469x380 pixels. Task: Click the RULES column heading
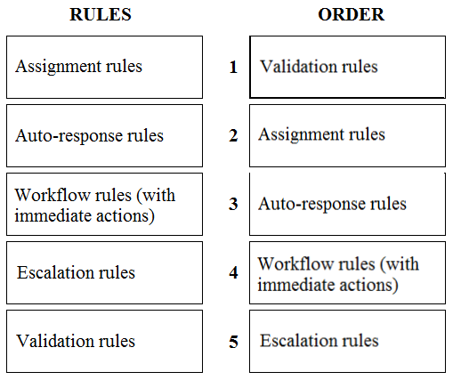[x=101, y=14]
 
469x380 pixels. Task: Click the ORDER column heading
[x=352, y=14]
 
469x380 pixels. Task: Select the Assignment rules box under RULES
[x=104, y=67]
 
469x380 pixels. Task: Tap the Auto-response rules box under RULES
[x=104, y=135]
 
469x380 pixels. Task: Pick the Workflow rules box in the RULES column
[x=104, y=204]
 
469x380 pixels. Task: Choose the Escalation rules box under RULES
[x=104, y=272]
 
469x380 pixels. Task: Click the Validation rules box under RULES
[x=104, y=341]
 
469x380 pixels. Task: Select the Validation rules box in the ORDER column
[x=348, y=67]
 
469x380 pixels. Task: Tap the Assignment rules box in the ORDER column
[x=348, y=135]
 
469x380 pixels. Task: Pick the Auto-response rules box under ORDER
[x=348, y=204]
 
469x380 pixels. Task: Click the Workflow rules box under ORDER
[x=348, y=272]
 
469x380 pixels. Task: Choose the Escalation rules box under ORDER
[x=348, y=341]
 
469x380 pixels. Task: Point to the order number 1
[x=233, y=67]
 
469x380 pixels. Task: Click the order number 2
[x=233, y=135]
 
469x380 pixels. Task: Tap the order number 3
[x=233, y=204]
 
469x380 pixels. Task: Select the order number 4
[x=233, y=272]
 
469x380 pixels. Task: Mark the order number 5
[x=233, y=342]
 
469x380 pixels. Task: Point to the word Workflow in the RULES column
[x=53, y=195]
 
